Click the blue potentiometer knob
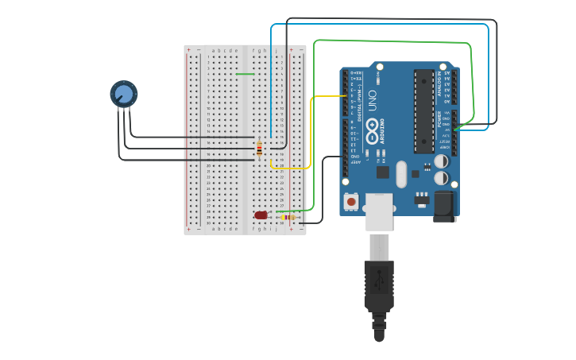[x=123, y=95]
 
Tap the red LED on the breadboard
[x=261, y=215]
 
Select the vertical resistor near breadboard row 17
[x=259, y=148]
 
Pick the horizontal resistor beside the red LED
[x=288, y=217]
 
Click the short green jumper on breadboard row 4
[x=245, y=74]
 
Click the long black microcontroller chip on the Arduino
[x=423, y=110]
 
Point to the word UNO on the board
[x=371, y=99]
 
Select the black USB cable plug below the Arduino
[x=379, y=282]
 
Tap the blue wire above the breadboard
[x=381, y=25]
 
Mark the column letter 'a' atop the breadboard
[x=212, y=50]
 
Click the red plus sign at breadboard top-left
[x=188, y=49]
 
